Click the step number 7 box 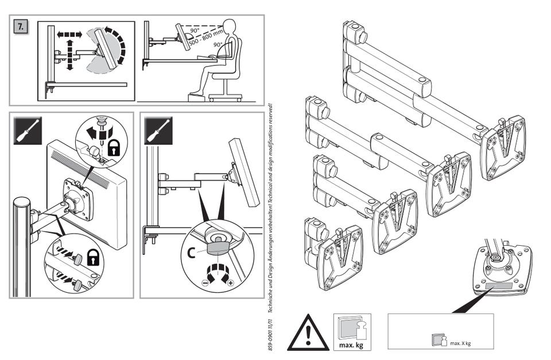click(x=21, y=28)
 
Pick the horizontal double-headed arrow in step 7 click(x=69, y=34)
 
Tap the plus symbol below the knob click(x=231, y=282)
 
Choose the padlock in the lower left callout click(x=92, y=258)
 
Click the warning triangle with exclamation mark click(x=308, y=334)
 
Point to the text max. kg click(x=352, y=344)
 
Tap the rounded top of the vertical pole click(x=21, y=203)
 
